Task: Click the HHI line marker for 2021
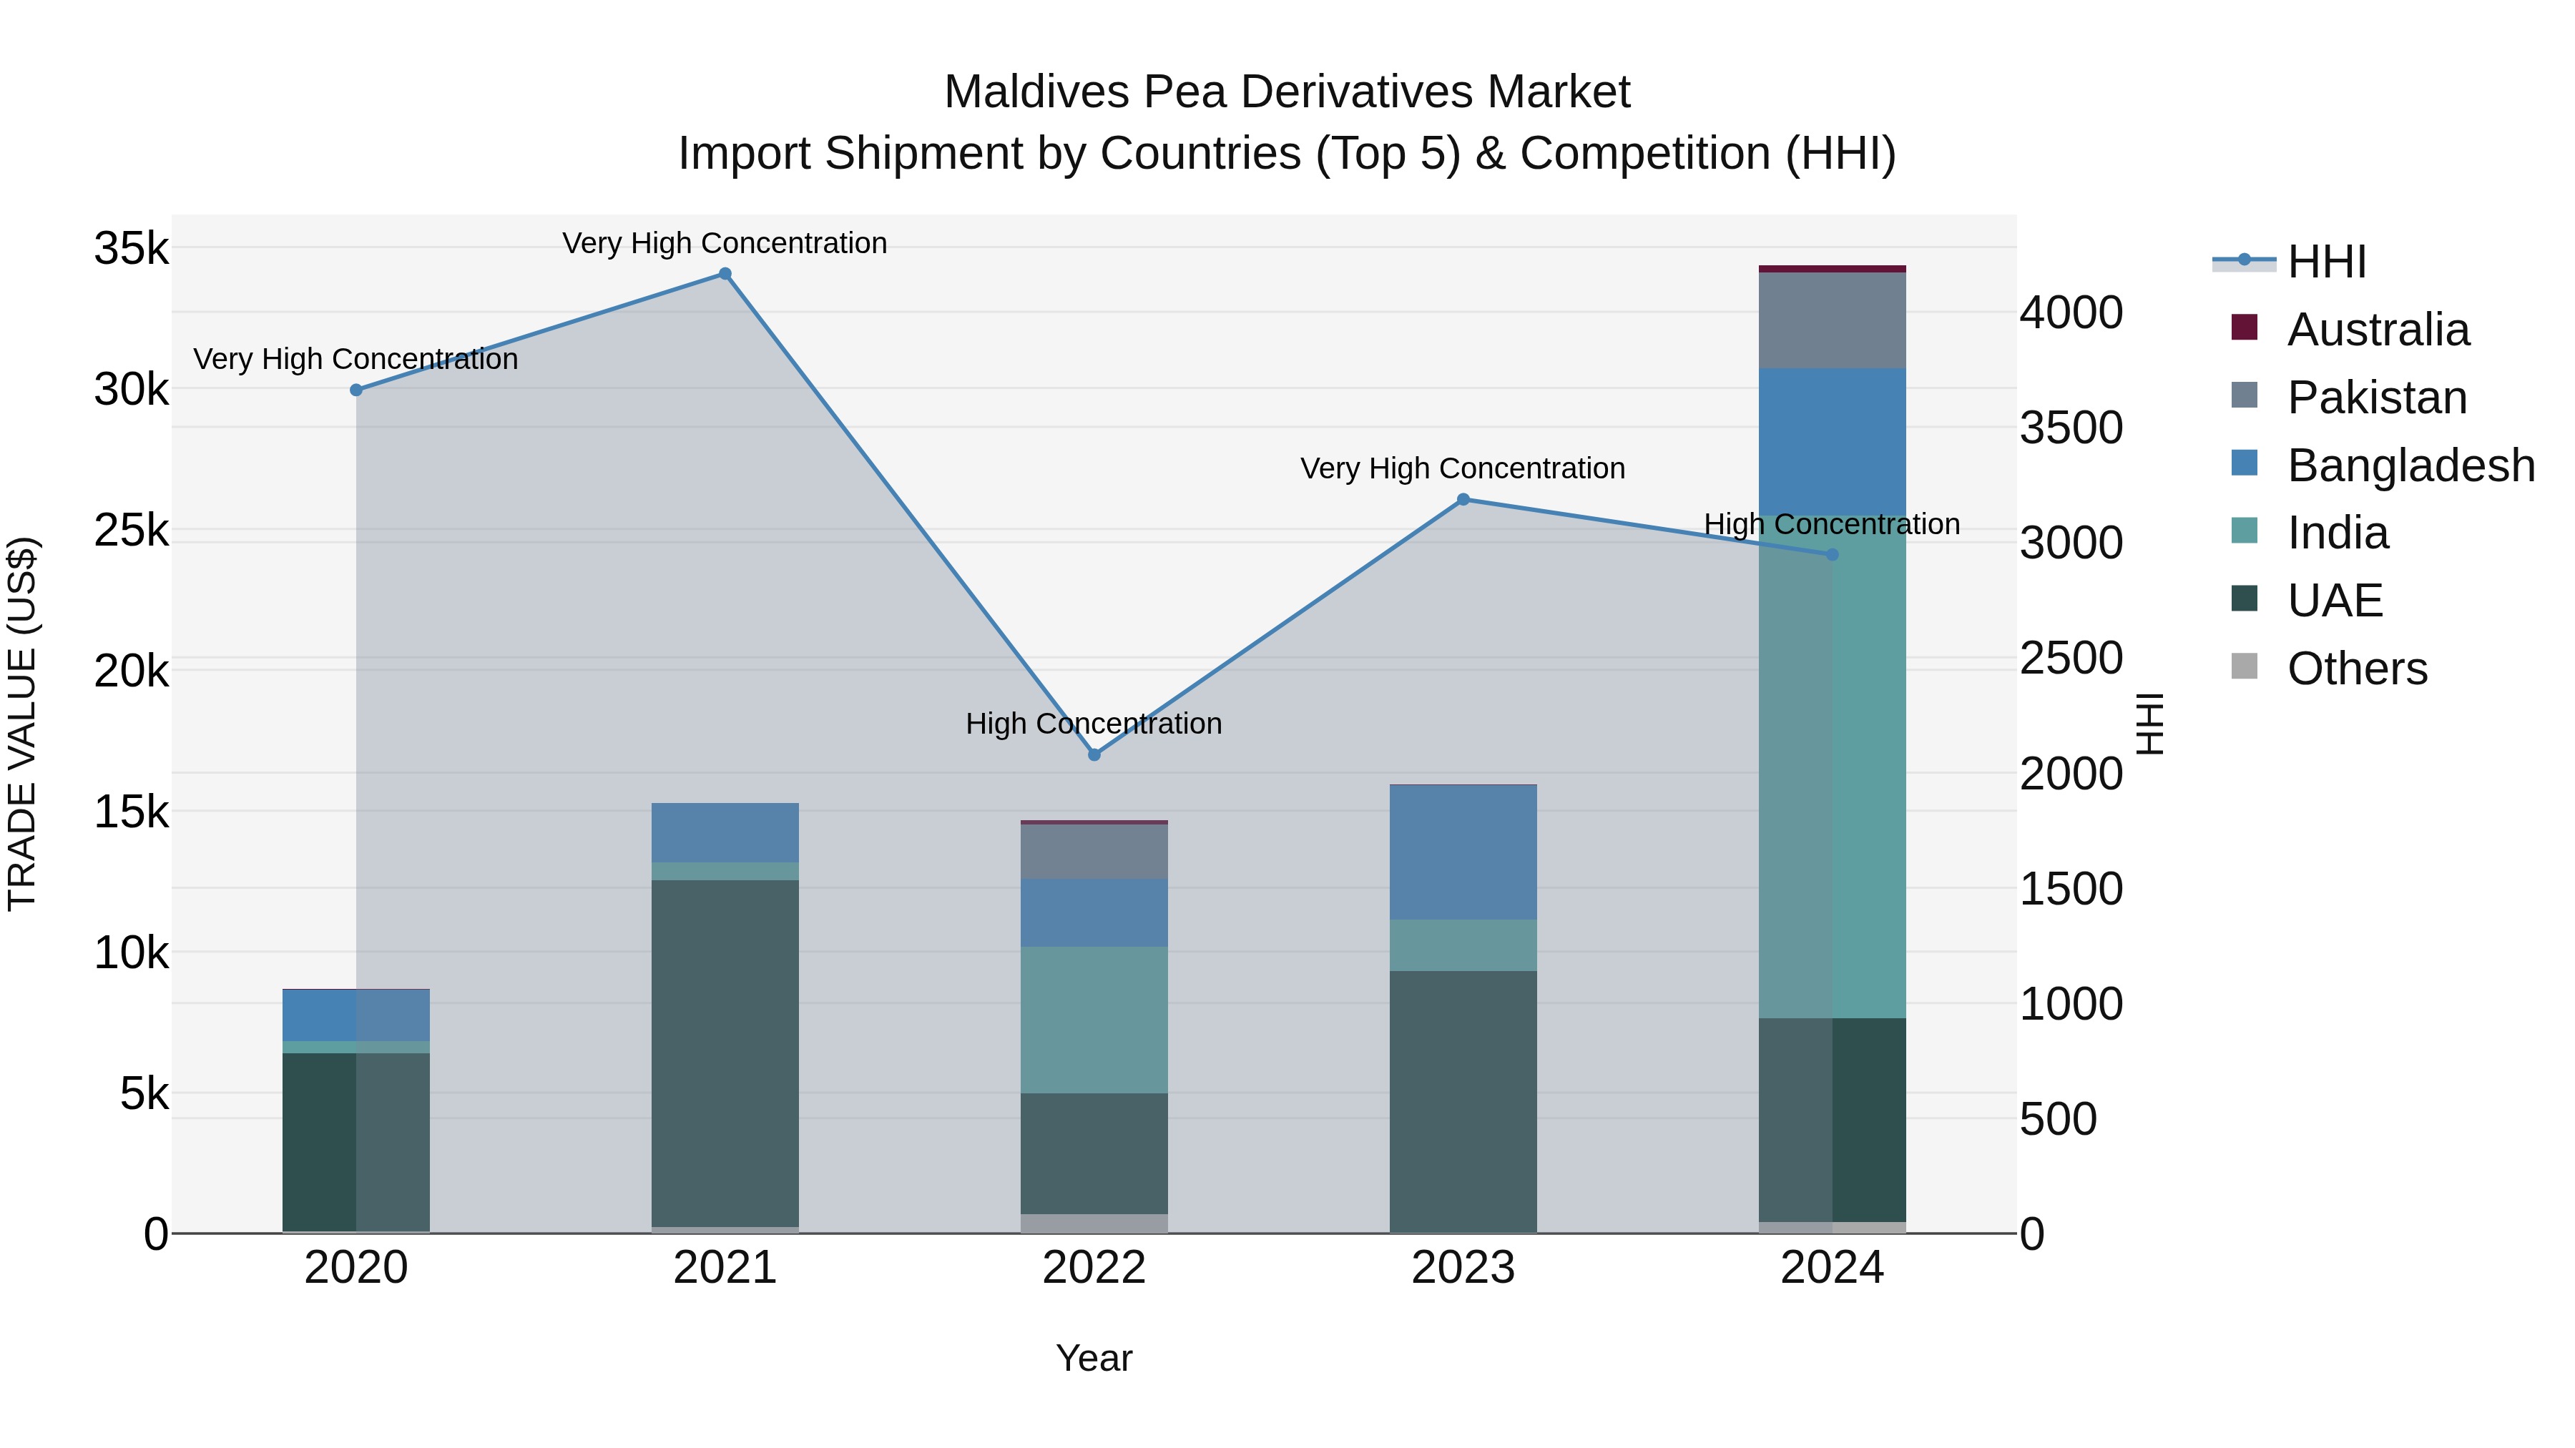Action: coord(725,274)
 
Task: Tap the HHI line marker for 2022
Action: coord(1094,754)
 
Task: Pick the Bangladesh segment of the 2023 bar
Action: coord(1463,852)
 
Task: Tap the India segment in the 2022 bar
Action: coord(1094,1019)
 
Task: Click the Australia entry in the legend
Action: coord(2377,330)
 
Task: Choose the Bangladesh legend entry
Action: coord(2409,466)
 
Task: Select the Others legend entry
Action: coord(2356,669)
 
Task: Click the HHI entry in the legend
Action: coord(2325,262)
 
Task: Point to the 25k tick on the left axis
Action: coord(132,531)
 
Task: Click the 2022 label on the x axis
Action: coord(1094,1268)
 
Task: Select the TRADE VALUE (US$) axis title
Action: coord(22,724)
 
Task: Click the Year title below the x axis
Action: coord(1094,1358)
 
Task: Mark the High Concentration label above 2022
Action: coord(1094,724)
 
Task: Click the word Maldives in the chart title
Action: coord(1036,92)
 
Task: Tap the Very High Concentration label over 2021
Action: coord(725,243)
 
